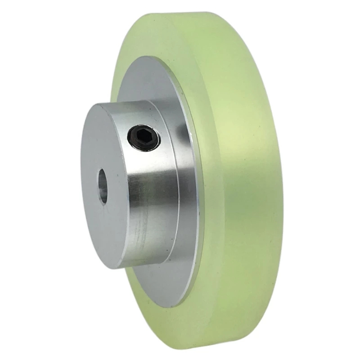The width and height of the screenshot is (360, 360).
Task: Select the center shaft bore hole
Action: pyautogui.click(x=103, y=186)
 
